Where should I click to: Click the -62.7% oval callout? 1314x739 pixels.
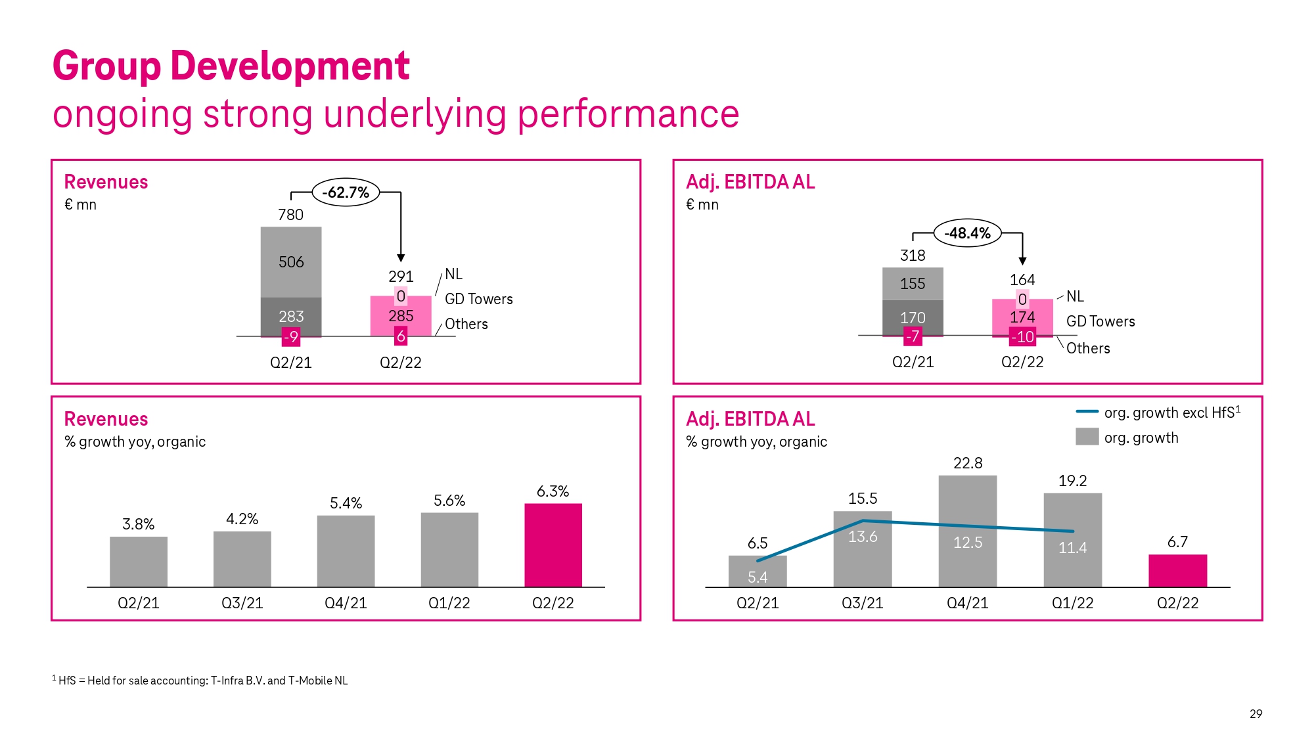click(346, 192)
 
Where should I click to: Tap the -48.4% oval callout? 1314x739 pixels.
click(967, 233)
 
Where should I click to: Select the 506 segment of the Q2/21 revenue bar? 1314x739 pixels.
click(291, 261)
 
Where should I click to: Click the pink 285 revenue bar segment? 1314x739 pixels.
click(401, 315)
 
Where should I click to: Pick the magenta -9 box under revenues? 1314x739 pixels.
click(290, 337)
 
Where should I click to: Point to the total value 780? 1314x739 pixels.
click(290, 215)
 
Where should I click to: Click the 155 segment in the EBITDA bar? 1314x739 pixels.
click(913, 284)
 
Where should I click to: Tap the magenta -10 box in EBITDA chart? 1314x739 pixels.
click(1022, 337)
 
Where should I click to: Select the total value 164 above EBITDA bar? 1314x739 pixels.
click(1022, 280)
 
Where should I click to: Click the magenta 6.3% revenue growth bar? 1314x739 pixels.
click(553, 545)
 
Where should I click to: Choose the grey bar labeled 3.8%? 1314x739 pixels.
click(139, 562)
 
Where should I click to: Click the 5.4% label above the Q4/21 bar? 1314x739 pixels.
click(346, 503)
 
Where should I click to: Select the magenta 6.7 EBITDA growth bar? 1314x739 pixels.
click(1177, 571)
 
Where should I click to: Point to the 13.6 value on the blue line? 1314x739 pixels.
click(863, 537)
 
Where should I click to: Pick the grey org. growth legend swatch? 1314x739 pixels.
click(1087, 437)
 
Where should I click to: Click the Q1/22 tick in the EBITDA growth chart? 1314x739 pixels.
click(1072, 603)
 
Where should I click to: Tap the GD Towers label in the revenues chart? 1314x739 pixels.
click(478, 299)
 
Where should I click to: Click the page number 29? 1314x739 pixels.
click(1256, 713)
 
